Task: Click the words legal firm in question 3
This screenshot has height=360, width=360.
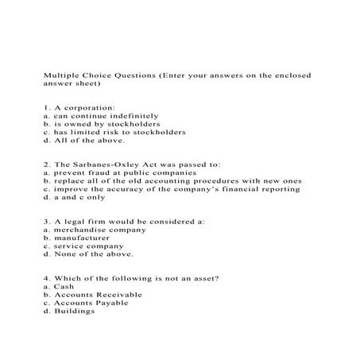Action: (82, 221)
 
